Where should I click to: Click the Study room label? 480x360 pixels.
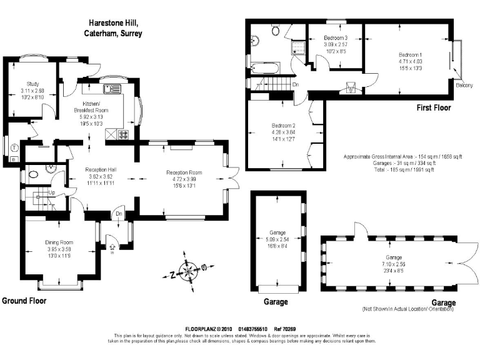[32, 83]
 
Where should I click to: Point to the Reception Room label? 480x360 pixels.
[184, 172]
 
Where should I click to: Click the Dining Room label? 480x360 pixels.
[59, 242]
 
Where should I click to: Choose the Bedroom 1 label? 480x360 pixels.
[411, 54]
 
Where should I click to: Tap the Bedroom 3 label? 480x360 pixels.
[336, 38]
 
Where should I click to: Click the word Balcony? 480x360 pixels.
[464, 84]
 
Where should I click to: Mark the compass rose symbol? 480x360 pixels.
[188, 270]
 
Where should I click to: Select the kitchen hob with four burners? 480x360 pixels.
[122, 134]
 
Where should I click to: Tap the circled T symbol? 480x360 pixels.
[14, 147]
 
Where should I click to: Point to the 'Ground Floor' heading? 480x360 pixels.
[24, 301]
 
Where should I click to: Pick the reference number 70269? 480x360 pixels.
[296, 329]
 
